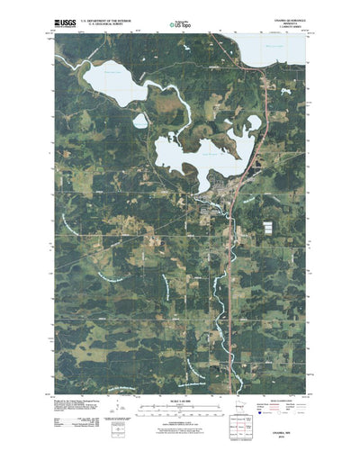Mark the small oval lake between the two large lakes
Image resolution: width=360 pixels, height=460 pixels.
click(140, 121)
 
